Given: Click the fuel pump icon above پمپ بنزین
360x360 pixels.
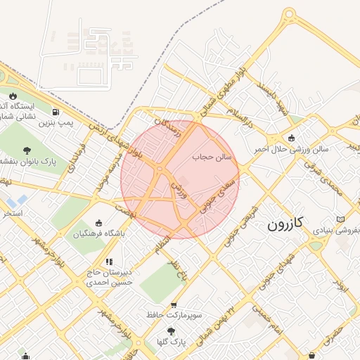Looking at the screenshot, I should pyautogui.click(x=55, y=112).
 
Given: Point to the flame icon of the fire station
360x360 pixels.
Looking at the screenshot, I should pyautogui.click(x=13, y=96).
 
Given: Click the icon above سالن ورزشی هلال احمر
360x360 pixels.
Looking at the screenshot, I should pyautogui.click(x=292, y=137).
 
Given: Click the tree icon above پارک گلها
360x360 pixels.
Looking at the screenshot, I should pyautogui.click(x=171, y=330).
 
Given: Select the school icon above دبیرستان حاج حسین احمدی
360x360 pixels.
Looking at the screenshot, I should pyautogui.click(x=109, y=262).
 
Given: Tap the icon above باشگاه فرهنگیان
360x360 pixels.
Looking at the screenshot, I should pyautogui.click(x=98, y=222).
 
